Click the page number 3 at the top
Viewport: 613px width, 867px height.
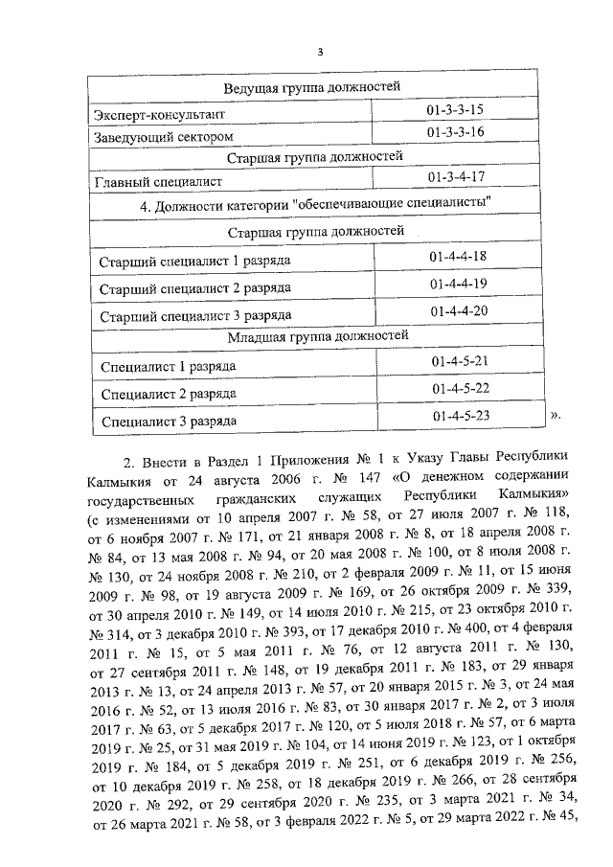click(321, 52)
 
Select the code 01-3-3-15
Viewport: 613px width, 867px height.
click(456, 110)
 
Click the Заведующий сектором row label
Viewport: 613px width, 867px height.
click(163, 137)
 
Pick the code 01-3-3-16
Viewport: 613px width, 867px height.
click(456, 132)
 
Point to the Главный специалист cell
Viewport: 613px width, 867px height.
click(158, 180)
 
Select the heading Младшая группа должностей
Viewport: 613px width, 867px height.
click(318, 335)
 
